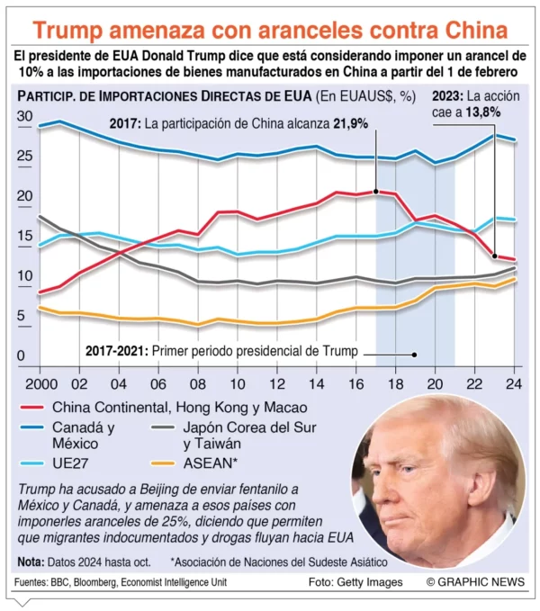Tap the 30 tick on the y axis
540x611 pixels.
click(24, 116)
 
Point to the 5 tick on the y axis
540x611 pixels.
click(21, 316)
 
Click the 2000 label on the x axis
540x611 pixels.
click(38, 382)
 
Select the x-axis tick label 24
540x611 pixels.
click(514, 382)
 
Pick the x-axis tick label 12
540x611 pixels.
click(276, 382)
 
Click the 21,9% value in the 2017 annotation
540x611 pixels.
click(351, 123)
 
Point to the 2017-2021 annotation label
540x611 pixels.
click(117, 351)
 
